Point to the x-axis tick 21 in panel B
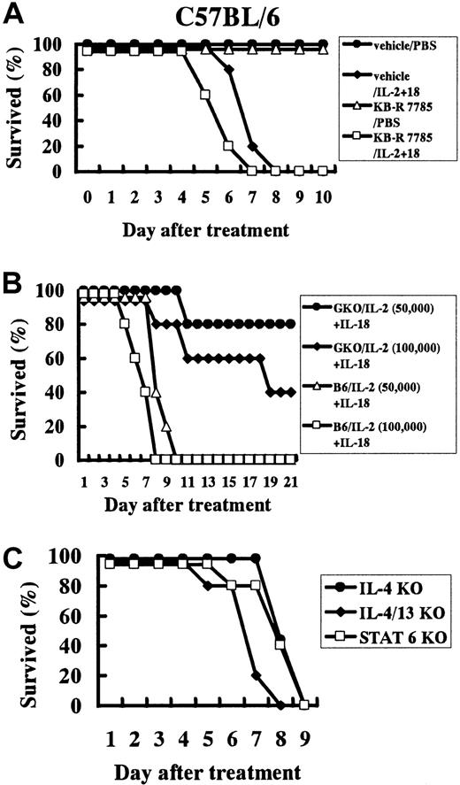click(292, 481)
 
